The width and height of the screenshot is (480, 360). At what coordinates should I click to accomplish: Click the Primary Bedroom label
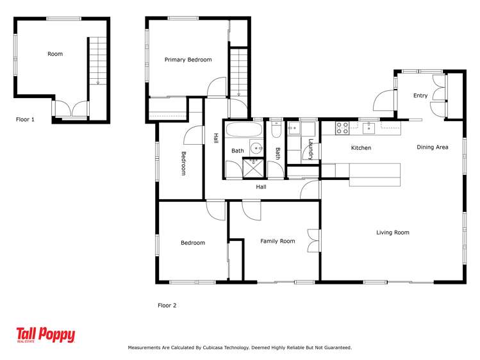tap(188, 60)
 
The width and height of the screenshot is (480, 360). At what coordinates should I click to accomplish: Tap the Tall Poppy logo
tap(46, 334)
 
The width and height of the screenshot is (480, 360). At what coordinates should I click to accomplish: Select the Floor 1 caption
tap(25, 120)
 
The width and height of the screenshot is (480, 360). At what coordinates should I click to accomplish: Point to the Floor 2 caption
tap(167, 306)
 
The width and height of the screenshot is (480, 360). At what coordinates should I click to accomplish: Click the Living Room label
tap(392, 233)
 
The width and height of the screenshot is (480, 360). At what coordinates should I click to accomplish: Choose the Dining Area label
tap(432, 147)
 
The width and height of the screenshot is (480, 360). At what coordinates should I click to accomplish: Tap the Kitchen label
tap(361, 148)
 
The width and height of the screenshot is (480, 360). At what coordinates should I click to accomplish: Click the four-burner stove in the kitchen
tap(343, 128)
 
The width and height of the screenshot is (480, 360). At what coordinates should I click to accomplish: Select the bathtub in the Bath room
tap(244, 129)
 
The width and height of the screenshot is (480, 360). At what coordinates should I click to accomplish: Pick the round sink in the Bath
tap(256, 149)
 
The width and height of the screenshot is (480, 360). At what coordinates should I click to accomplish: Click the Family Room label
tap(277, 241)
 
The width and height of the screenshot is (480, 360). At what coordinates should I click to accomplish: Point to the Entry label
tap(420, 95)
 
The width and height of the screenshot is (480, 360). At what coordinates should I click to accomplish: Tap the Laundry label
tap(311, 149)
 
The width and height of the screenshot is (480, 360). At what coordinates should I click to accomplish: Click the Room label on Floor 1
tap(55, 54)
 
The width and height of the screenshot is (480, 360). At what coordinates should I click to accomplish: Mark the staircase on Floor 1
tap(97, 61)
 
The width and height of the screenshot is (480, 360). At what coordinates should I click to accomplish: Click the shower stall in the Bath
tap(253, 168)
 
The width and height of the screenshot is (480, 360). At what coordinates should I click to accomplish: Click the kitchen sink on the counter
tap(369, 128)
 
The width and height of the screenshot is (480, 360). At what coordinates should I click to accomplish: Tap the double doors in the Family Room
tap(313, 241)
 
